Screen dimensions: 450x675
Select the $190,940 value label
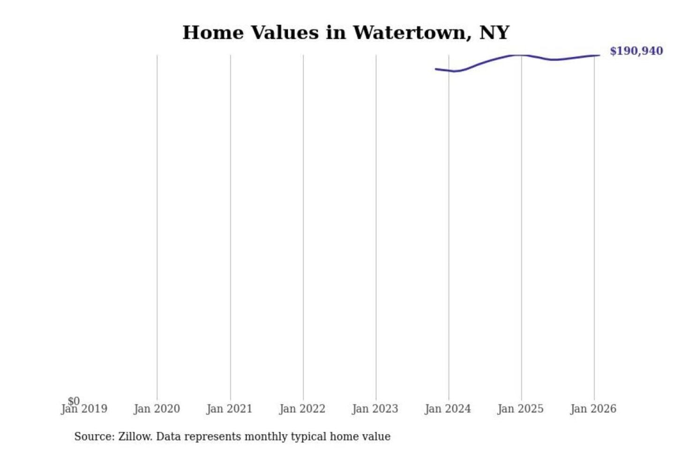pos(636,51)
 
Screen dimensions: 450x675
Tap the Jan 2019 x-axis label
pos(84,409)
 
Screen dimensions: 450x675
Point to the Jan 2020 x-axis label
pos(157,409)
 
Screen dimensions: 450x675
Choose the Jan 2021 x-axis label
pos(229,409)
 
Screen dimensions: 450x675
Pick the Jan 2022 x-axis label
pos(302,409)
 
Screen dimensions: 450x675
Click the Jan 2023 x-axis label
pos(375,409)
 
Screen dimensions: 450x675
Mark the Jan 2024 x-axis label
pos(448,409)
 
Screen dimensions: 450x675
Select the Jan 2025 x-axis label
pos(520,409)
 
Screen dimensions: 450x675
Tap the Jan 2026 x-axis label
pos(593,409)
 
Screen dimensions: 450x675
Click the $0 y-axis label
pos(74,401)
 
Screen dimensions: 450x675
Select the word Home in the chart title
pos(213,33)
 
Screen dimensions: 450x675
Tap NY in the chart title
pos(494,33)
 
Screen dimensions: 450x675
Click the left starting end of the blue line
pos(436,69)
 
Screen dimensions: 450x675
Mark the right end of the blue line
pos(599,55)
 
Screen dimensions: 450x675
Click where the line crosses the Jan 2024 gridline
pos(449,70)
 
